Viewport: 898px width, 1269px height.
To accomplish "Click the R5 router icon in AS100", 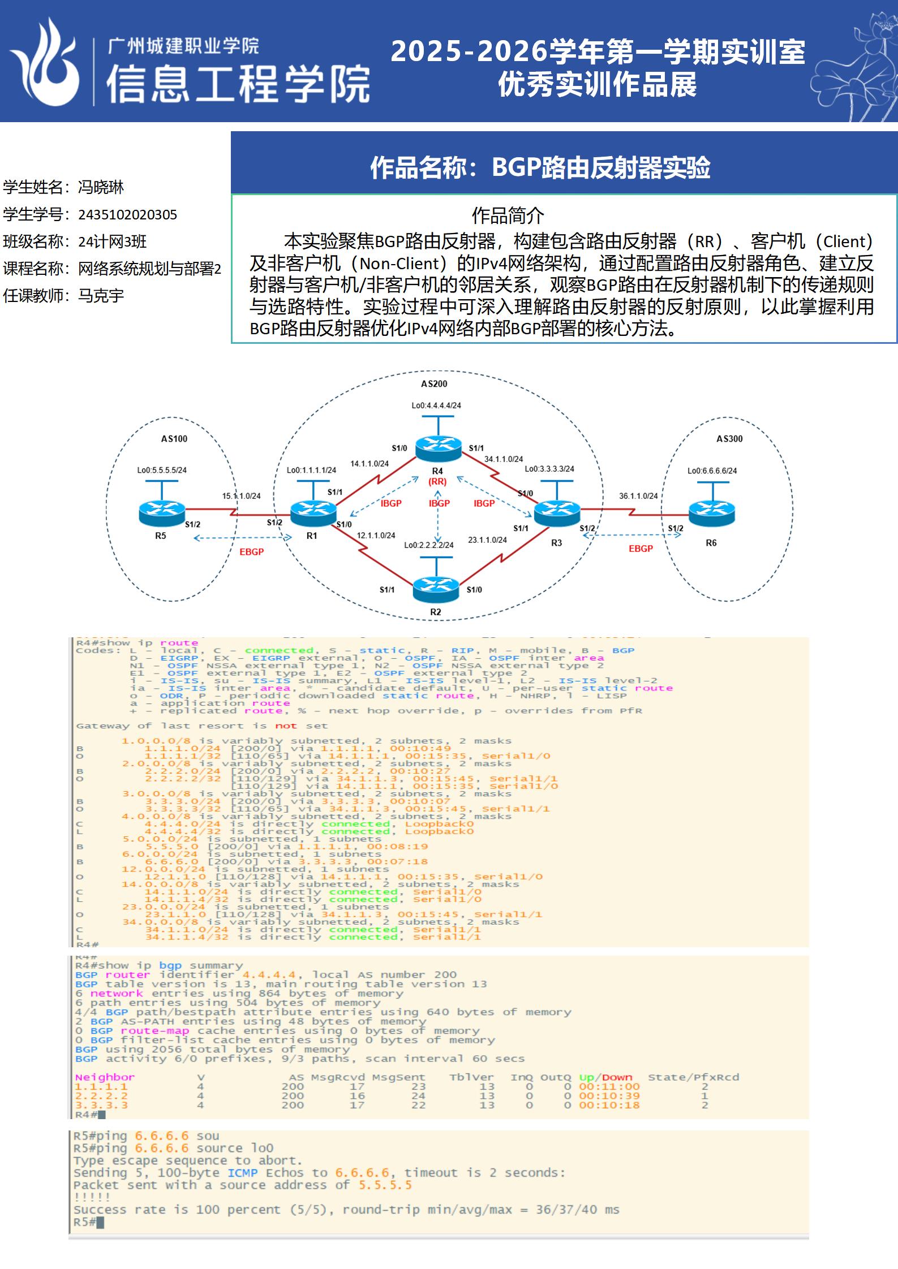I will coord(161,512).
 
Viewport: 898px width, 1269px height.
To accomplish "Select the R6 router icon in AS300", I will coord(712,512).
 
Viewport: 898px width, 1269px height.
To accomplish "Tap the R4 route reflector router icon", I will coord(438,448).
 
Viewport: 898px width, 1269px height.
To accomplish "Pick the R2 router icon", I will coord(436,589).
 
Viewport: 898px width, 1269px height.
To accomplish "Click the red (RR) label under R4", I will coord(437,482).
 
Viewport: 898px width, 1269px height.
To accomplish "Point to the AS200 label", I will coord(434,384).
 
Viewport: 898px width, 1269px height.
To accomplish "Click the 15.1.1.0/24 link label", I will coord(242,496).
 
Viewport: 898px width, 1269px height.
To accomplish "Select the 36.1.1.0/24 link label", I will coord(638,496).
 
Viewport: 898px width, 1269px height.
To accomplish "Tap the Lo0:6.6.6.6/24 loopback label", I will coord(712,471).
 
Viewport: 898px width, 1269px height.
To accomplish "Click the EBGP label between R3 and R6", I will coord(641,549).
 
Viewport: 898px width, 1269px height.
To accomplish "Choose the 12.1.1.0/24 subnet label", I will coord(376,535).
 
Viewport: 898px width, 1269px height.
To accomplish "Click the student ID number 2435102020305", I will coord(127,215).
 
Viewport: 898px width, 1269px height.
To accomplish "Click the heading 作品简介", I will coord(508,215).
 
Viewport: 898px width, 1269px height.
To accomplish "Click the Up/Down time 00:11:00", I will coord(609,1086).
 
